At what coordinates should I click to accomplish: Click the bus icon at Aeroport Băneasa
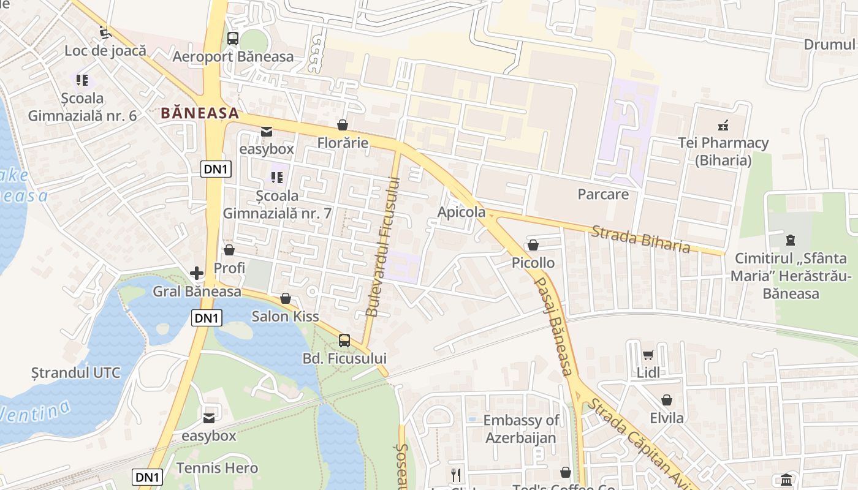[x=233, y=39]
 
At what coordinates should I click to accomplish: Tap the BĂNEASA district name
[x=200, y=113]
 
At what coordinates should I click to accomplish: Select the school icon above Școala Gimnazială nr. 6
[x=82, y=80]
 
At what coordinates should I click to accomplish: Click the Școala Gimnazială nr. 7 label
[x=277, y=205]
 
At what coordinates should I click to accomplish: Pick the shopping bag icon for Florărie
[x=343, y=125]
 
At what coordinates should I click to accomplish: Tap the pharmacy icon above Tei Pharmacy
[x=723, y=126]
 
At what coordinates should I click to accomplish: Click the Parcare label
[x=603, y=194]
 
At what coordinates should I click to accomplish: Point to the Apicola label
[x=461, y=213]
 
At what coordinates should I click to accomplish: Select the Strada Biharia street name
[x=640, y=239]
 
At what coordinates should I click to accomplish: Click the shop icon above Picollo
[x=533, y=245]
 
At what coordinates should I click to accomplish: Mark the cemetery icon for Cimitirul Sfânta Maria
[x=790, y=240]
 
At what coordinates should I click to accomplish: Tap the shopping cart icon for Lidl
[x=648, y=355]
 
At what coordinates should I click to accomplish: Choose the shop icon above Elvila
[x=667, y=400]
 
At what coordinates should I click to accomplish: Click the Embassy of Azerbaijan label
[x=521, y=429]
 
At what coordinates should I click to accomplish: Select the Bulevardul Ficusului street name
[x=382, y=247]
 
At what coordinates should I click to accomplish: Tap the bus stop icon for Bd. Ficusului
[x=344, y=340]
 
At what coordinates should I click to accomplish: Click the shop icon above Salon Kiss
[x=285, y=298]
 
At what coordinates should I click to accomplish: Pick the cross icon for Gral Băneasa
[x=197, y=273]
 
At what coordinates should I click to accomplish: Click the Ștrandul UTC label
[x=76, y=372]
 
